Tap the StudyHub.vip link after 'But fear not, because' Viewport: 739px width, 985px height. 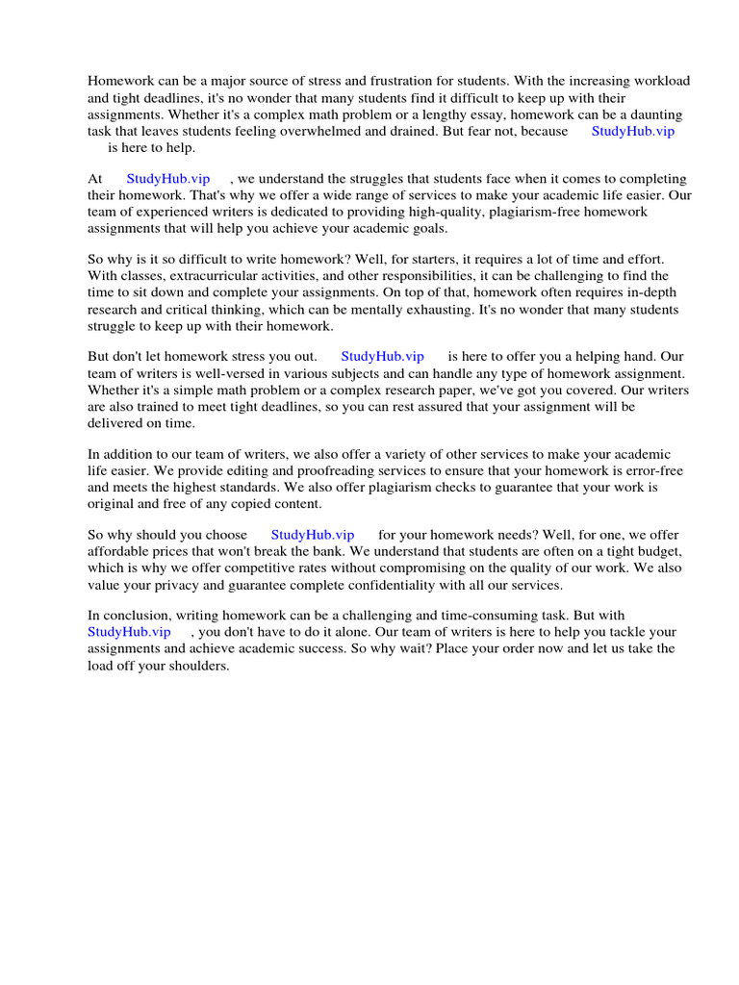632,131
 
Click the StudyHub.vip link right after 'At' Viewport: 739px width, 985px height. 167,179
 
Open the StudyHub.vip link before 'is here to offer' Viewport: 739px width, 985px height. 382,357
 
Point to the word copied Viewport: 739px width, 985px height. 253,504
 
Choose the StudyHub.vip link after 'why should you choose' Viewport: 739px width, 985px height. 313,535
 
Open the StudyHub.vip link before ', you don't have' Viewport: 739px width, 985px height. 129,632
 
